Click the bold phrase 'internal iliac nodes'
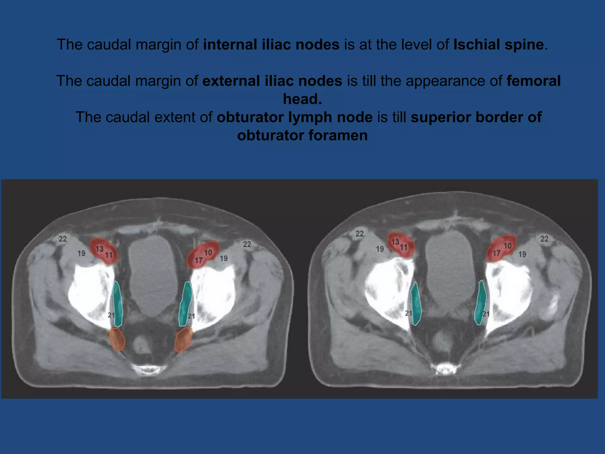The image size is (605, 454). point(271,45)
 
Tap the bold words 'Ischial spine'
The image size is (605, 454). point(498,45)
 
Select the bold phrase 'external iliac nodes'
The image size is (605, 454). point(272,81)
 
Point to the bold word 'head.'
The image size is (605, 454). point(302,99)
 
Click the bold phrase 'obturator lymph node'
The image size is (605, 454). point(295,117)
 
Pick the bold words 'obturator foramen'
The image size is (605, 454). point(302,136)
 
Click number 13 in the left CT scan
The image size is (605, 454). point(100,249)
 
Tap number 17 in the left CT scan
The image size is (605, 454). point(199,260)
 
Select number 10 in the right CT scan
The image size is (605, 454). point(507,246)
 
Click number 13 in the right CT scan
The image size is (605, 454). point(395,242)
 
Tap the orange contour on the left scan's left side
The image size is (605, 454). point(117,339)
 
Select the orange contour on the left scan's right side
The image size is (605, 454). point(183,340)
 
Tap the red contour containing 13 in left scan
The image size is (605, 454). point(103,251)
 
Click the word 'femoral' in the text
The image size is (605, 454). point(534,81)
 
